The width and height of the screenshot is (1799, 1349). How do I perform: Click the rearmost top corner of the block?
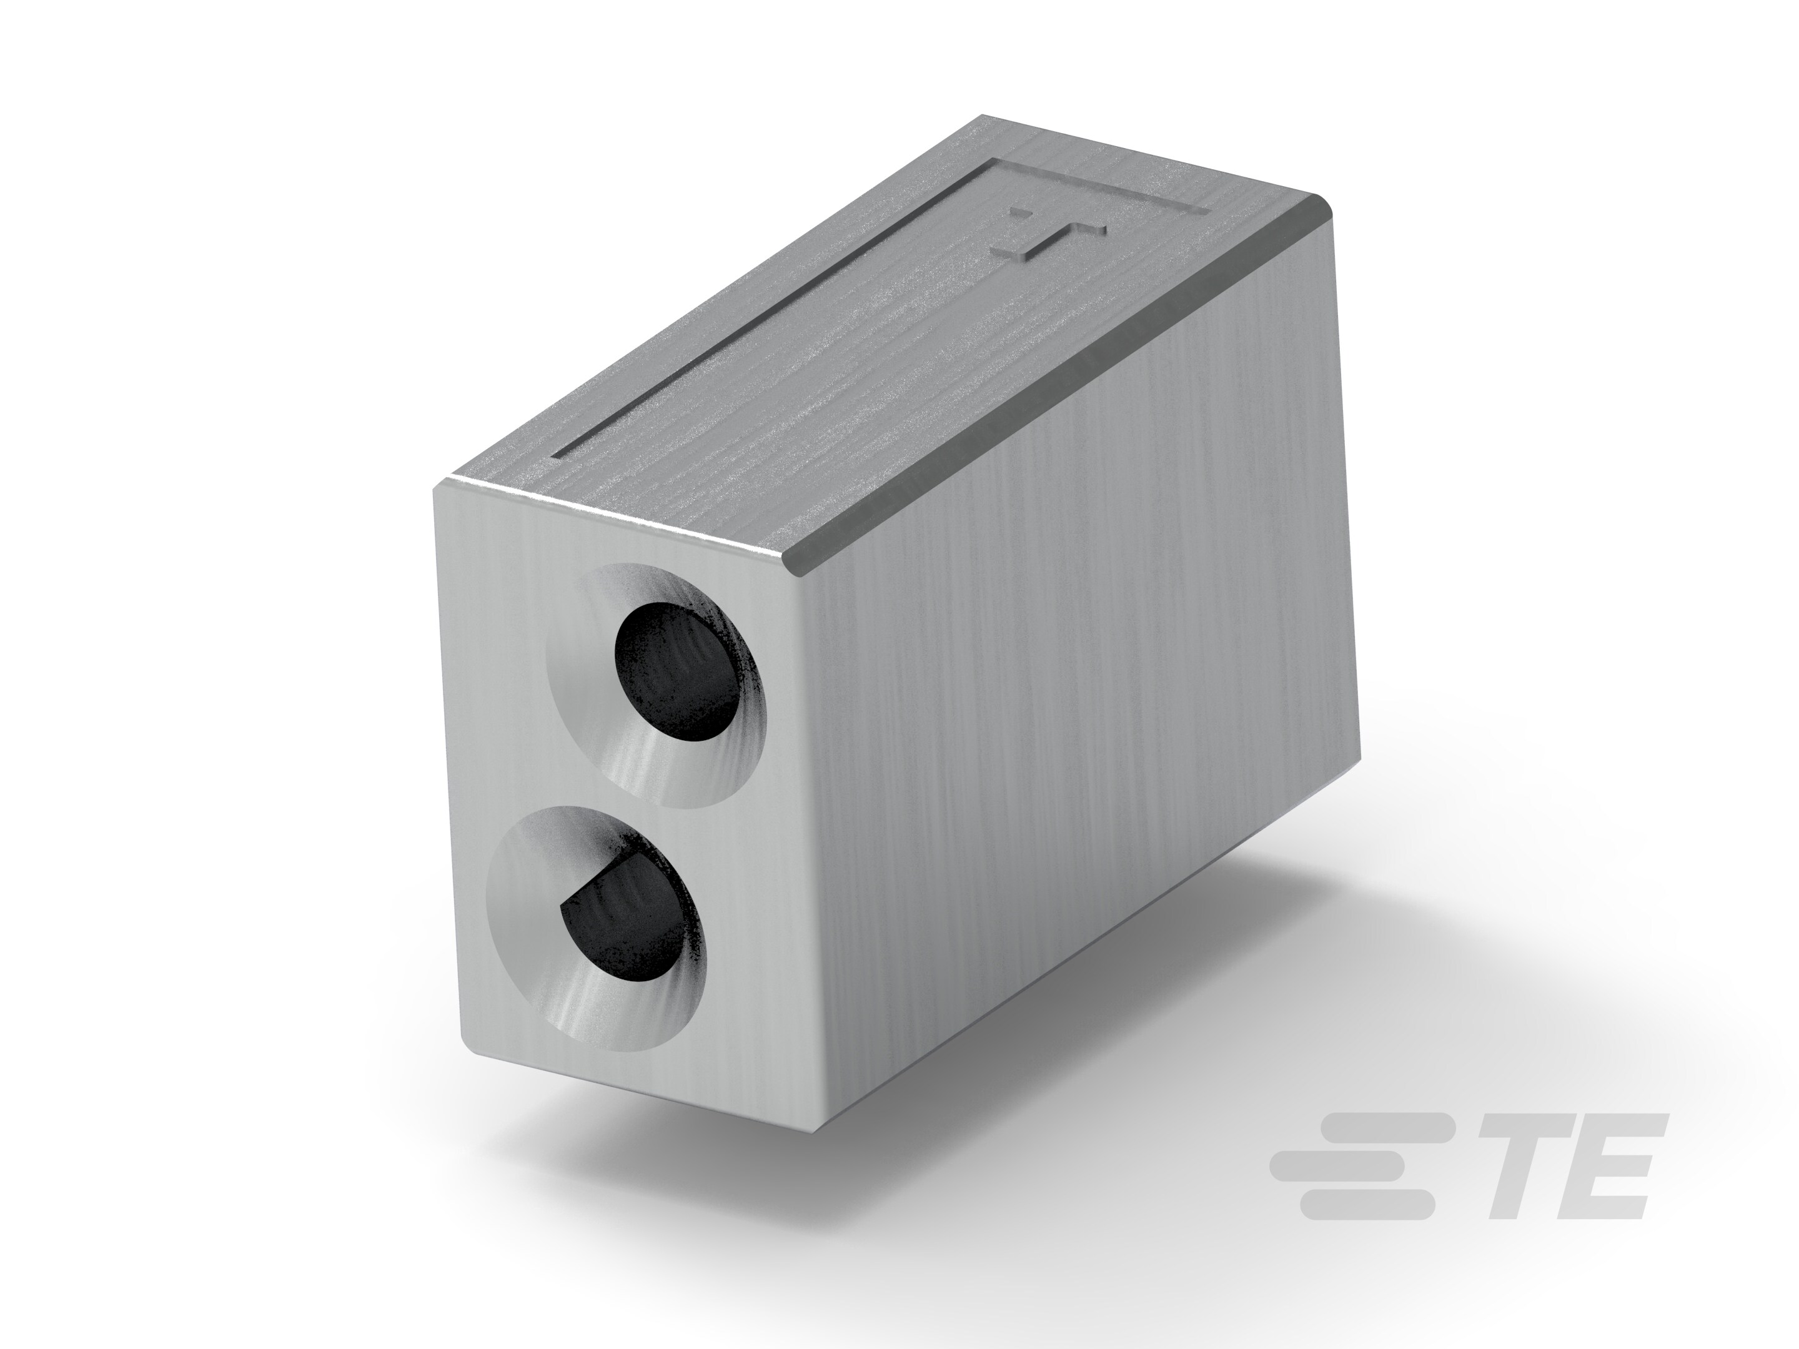click(984, 118)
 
